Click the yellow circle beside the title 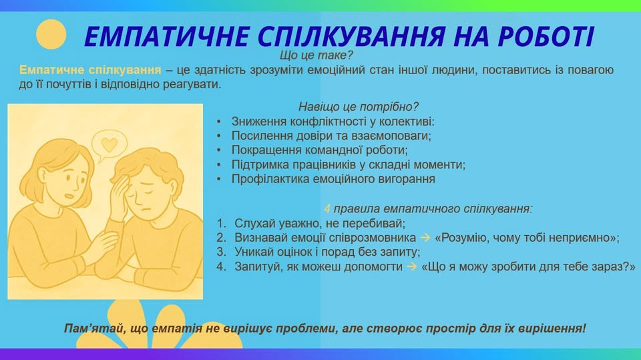(x=51, y=34)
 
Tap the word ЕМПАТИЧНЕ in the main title (x=167, y=37)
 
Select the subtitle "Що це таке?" (x=316, y=55)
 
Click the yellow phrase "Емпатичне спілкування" (x=90, y=70)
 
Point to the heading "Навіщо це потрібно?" (x=358, y=107)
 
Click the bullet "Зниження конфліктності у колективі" (x=333, y=122)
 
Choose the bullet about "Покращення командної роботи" (x=319, y=150)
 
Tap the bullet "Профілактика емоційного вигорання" (x=333, y=179)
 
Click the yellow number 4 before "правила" (x=327, y=208)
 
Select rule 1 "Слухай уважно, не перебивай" (x=320, y=223)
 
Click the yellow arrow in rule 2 (x=425, y=237)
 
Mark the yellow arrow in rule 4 (x=412, y=266)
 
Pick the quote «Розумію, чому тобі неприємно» (x=527, y=238)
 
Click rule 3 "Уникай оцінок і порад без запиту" (x=327, y=252)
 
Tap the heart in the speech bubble (x=110, y=144)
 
